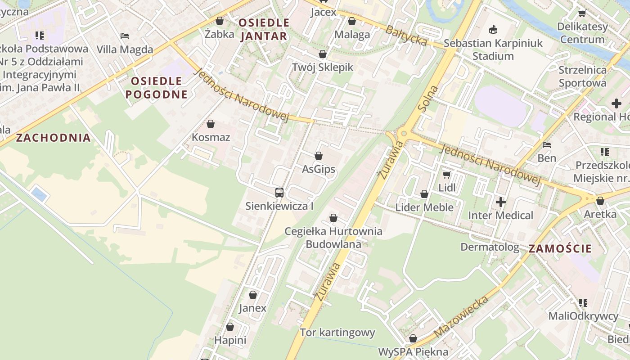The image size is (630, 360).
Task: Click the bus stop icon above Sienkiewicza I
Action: (279, 193)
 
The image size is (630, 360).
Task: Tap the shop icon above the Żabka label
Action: (220, 21)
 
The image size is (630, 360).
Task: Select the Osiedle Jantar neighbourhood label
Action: (264, 29)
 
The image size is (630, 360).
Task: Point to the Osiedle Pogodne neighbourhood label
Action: (156, 88)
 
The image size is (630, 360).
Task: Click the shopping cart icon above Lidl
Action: (446, 174)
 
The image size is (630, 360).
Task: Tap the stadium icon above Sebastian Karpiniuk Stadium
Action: (493, 30)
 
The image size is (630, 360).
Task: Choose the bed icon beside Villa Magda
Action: (125, 36)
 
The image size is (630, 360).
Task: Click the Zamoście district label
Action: (560, 248)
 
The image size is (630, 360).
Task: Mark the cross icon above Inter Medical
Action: (500, 202)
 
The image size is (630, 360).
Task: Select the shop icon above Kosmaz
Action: (211, 124)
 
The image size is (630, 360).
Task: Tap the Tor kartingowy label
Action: (337, 333)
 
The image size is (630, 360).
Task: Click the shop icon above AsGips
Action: (319, 156)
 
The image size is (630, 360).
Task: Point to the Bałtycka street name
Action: (406, 35)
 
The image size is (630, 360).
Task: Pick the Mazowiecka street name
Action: (461, 316)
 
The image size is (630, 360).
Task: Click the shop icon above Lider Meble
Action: (424, 194)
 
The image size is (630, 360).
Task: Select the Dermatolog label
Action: (490, 247)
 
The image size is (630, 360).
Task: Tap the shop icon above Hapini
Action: (230, 327)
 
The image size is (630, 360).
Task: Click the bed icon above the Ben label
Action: (547, 145)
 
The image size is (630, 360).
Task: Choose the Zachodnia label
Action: (54, 138)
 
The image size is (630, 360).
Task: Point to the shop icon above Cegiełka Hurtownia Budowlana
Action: (333, 218)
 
